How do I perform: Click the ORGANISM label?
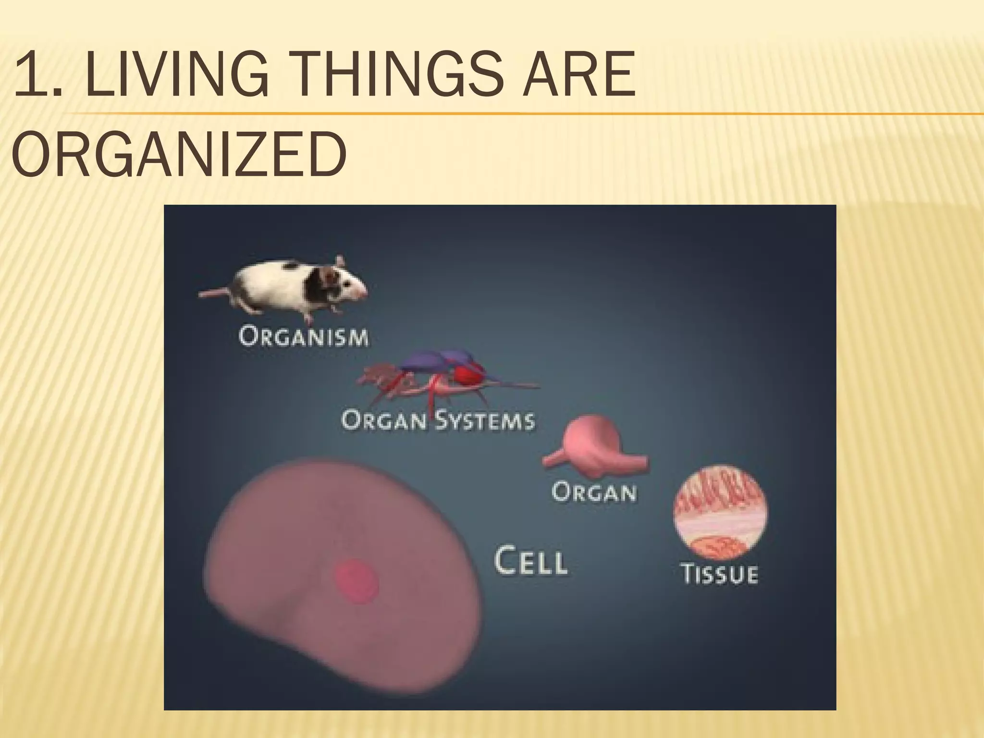click(x=304, y=337)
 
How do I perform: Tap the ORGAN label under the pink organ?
click(x=594, y=492)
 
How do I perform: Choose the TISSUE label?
click(x=720, y=574)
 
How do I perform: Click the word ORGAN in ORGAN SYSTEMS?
click(x=383, y=420)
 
